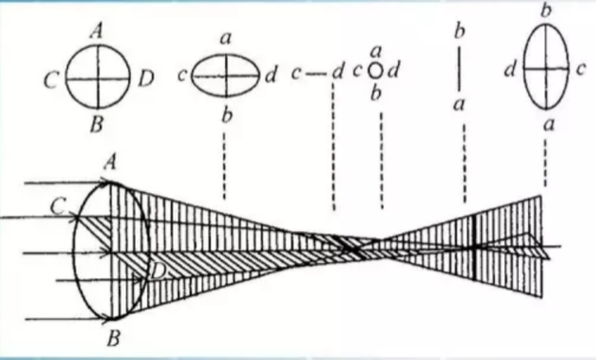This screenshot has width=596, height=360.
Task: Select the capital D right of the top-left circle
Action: point(146,79)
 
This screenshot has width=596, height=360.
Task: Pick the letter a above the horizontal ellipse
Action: point(224,39)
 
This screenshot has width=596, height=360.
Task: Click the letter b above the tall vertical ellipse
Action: point(545,11)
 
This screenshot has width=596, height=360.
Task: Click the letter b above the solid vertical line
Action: point(459,31)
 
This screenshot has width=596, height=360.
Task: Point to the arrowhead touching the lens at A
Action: point(103,180)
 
